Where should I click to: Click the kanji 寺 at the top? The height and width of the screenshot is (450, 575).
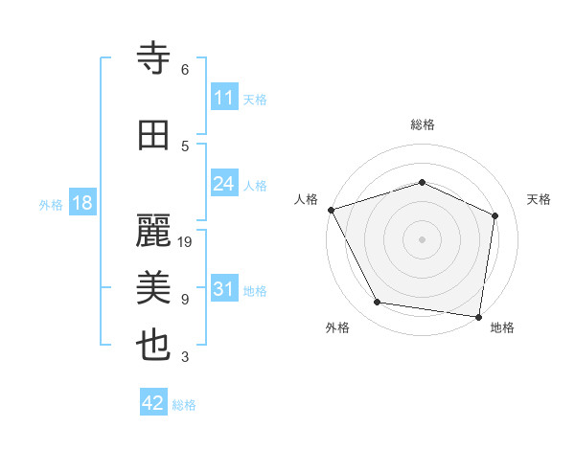[153, 59]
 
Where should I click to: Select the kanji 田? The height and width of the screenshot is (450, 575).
[153, 135]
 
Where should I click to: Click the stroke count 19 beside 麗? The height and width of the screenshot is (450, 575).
[186, 242]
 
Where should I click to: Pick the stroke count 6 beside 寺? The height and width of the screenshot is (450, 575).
[185, 70]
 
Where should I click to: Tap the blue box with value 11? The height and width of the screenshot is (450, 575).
[224, 98]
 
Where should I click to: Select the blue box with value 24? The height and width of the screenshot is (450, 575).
[224, 184]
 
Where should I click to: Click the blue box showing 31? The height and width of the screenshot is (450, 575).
[224, 289]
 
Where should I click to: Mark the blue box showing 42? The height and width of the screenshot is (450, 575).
[153, 403]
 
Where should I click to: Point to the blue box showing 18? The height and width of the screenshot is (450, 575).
[81, 203]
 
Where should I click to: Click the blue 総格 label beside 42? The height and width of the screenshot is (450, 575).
[184, 405]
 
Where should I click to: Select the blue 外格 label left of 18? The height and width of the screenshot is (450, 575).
[51, 204]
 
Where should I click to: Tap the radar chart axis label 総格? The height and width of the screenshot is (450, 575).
[423, 124]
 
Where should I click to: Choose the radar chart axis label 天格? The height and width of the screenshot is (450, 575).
[540, 199]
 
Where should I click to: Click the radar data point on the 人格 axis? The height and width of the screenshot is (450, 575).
[331, 210]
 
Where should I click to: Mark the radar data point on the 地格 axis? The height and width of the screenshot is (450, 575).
[479, 316]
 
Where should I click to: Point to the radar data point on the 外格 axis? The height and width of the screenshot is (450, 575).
[378, 303]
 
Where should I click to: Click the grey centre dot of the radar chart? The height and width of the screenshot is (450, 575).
[423, 238]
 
